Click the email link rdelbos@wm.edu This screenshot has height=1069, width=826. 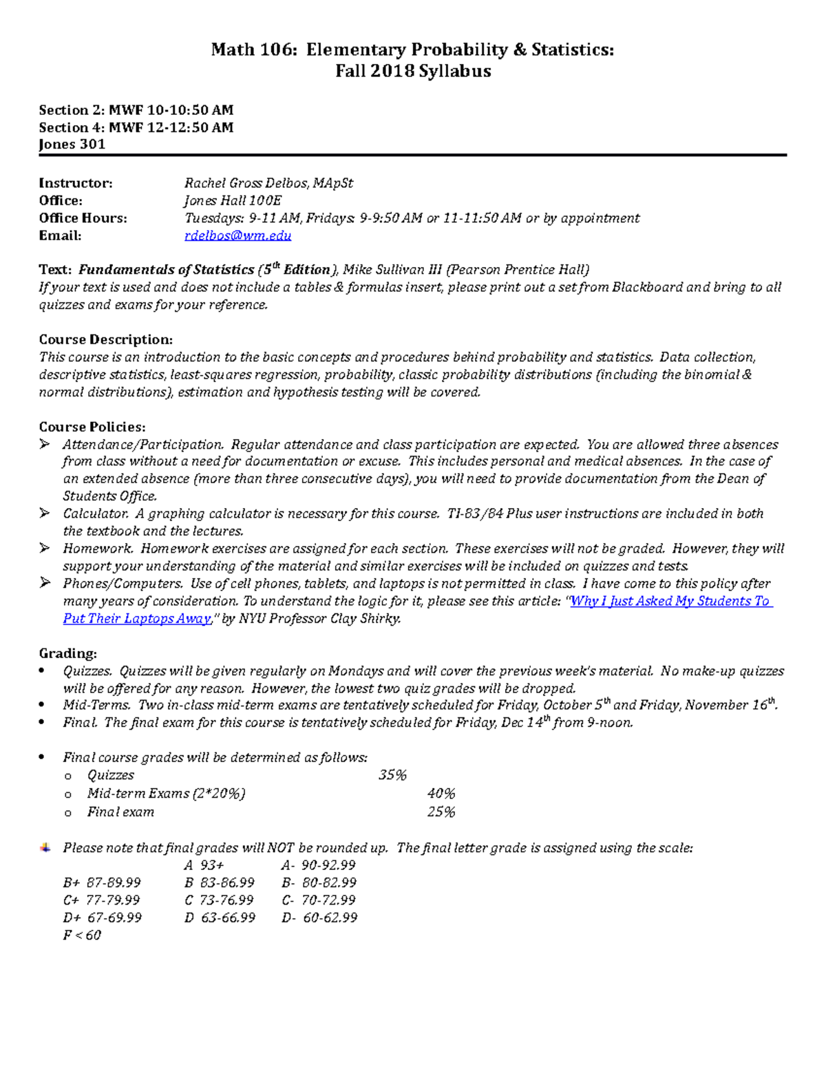pos(237,236)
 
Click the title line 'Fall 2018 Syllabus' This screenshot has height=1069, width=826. pos(413,72)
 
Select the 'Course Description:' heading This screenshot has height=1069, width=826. pos(105,339)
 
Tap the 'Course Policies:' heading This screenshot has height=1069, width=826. pos(92,427)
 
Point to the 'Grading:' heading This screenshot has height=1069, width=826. pos(67,653)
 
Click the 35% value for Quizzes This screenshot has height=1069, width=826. pos(392,776)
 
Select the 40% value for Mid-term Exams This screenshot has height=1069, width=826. pos(441,794)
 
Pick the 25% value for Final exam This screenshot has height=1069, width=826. pos(441,812)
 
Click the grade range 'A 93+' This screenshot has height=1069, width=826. pos(204,865)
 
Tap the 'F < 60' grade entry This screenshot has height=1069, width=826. pos(82,935)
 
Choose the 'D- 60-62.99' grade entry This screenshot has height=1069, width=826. pos(319,918)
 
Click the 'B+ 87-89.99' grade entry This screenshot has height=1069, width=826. pos(102,883)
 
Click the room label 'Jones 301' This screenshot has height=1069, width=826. pos(72,145)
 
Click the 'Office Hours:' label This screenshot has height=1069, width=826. pos(83,218)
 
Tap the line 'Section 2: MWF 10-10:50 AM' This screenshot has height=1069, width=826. pos(136,110)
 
